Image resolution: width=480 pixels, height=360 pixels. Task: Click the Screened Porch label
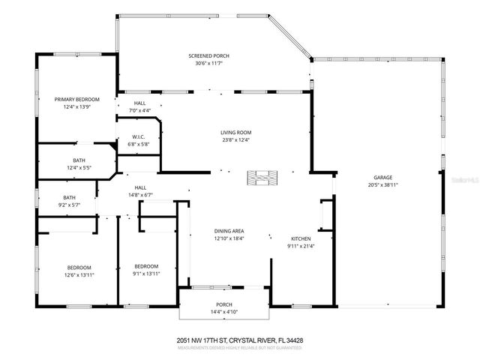(x=208, y=56)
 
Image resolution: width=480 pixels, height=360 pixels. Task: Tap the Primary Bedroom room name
(x=76, y=99)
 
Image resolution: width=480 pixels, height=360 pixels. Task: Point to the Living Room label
(x=235, y=132)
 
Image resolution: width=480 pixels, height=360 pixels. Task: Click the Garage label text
(x=382, y=178)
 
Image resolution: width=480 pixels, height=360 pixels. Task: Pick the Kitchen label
(x=301, y=238)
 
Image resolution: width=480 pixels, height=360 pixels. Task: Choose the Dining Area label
(x=229, y=231)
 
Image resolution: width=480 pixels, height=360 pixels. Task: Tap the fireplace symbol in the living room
(x=262, y=177)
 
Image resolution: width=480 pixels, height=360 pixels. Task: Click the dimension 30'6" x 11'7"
(x=208, y=64)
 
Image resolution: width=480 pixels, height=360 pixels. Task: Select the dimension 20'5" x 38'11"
(x=382, y=185)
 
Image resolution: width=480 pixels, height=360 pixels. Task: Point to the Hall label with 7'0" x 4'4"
(x=139, y=103)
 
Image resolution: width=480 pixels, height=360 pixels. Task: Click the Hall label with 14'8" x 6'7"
(x=139, y=187)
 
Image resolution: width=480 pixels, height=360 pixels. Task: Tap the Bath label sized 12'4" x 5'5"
(x=79, y=160)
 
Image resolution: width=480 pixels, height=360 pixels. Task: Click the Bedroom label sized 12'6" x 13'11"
(x=79, y=268)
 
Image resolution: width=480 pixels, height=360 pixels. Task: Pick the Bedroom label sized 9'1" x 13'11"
(x=146, y=266)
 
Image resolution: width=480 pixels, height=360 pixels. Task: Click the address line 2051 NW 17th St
(x=239, y=340)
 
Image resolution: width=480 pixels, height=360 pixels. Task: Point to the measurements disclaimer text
(x=239, y=347)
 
